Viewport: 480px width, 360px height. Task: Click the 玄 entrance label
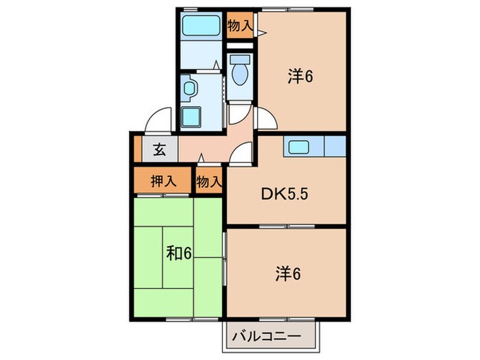click(x=159, y=149)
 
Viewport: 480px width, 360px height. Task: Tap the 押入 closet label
click(x=164, y=182)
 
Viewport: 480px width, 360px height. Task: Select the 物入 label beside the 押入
click(x=208, y=182)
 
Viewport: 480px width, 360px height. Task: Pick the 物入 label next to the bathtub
click(x=239, y=27)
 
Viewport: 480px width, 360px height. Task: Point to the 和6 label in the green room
click(x=178, y=254)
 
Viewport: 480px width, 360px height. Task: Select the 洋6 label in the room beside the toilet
click(x=300, y=77)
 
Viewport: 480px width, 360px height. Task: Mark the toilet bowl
click(x=239, y=76)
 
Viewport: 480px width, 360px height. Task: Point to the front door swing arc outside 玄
click(x=159, y=120)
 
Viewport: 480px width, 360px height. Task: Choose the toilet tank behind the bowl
click(x=239, y=60)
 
